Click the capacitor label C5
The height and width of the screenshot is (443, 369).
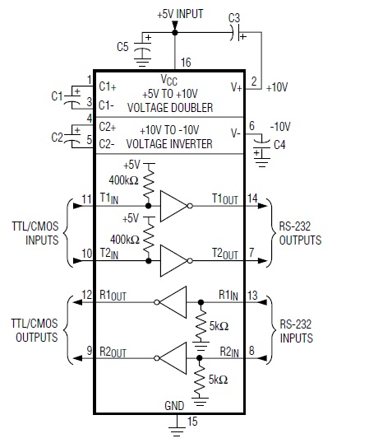(122, 47)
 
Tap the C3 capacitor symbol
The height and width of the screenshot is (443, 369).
(236, 33)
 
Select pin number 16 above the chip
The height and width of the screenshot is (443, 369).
(186, 62)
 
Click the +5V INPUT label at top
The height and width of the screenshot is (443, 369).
(181, 14)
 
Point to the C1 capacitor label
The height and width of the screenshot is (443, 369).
(57, 96)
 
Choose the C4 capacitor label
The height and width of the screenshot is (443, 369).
(279, 145)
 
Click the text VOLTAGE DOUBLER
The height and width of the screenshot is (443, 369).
(170, 108)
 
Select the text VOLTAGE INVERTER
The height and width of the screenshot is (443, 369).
(169, 144)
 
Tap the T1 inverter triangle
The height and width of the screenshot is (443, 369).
(173, 206)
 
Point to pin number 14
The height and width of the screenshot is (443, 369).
(252, 198)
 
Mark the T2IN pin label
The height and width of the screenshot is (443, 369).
(109, 254)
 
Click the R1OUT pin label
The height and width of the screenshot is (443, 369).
(113, 296)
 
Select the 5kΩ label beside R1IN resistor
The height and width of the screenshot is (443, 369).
(219, 326)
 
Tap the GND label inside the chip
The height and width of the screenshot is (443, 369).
(174, 406)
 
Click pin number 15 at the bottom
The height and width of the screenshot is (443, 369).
(192, 422)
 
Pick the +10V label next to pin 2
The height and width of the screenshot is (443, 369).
(277, 87)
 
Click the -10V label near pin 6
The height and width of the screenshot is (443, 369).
(280, 127)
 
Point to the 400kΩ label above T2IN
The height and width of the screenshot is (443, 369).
(125, 240)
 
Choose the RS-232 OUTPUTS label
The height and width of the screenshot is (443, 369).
(300, 233)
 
